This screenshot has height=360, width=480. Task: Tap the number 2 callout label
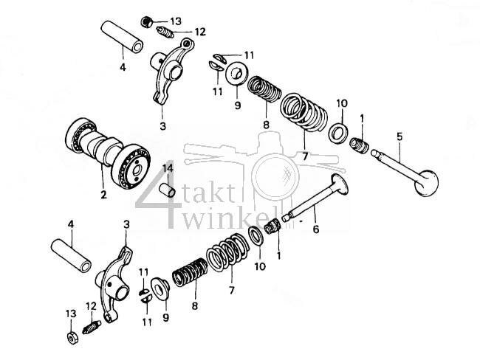click(103, 195)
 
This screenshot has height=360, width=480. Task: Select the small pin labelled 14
click(168, 190)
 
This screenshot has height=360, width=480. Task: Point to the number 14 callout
click(168, 169)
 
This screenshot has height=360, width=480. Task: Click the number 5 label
click(400, 136)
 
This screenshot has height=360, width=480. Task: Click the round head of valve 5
click(428, 182)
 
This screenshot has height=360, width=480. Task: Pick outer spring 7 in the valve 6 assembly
click(225, 254)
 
